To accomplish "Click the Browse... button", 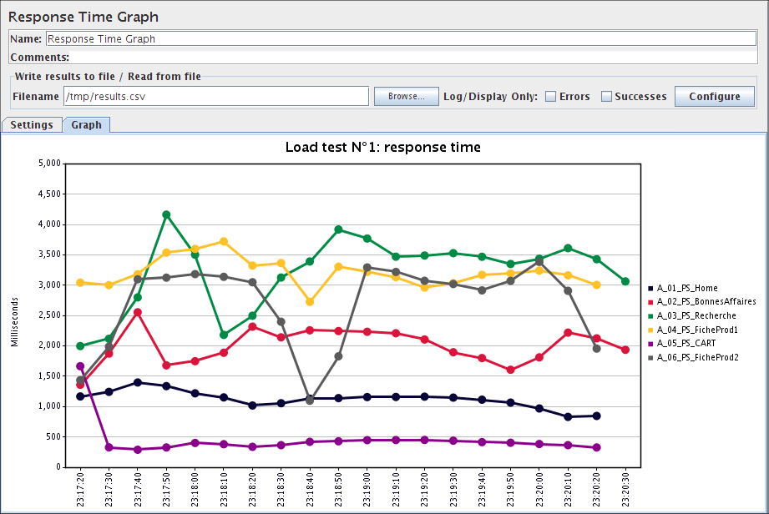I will tap(406, 96).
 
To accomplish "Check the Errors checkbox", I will tap(551, 97).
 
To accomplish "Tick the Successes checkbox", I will tap(607, 97).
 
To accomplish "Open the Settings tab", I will tap(32, 125).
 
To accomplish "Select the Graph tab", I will tap(86, 125).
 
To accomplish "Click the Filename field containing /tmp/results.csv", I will tap(215, 97).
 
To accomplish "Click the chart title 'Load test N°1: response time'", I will tap(382, 148).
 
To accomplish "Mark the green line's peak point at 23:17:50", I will tap(166, 214).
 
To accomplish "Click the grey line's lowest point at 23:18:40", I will tap(309, 400).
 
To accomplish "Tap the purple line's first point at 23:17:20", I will tap(80, 366).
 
